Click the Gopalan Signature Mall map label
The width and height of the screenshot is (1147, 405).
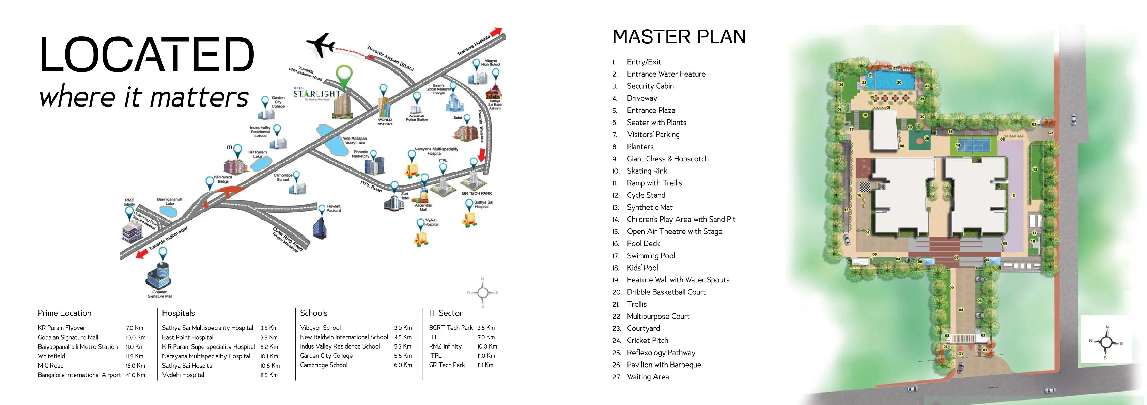(x=159, y=294)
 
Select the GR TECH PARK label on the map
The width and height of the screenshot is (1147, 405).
(x=477, y=194)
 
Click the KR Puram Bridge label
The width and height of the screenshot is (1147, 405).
(x=223, y=179)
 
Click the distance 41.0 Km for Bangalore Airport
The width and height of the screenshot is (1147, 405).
(x=135, y=375)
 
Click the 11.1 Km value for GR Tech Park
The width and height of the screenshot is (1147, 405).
(x=485, y=365)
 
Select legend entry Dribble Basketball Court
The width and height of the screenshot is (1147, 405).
(x=666, y=292)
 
